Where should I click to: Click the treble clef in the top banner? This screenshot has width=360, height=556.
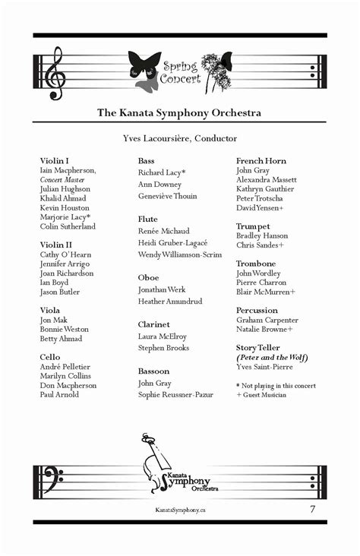[x=55, y=73]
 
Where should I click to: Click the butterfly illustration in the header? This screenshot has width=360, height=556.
[x=144, y=69]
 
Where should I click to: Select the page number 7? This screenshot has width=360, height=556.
[x=312, y=508]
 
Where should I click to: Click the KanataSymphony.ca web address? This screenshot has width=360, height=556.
[x=179, y=510]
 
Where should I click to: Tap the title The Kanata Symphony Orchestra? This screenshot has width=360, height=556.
[x=179, y=113]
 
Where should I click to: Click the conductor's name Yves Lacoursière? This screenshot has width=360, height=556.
[x=179, y=138]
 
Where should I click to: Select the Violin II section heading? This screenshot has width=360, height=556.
[x=56, y=245]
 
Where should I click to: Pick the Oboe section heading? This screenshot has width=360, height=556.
[x=148, y=277]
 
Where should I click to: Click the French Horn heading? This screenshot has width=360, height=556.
[x=261, y=161]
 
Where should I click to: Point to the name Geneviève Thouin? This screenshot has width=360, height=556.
[x=167, y=196]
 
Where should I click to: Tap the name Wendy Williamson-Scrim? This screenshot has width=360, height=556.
[x=180, y=254]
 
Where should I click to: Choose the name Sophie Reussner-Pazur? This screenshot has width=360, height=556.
[x=175, y=395]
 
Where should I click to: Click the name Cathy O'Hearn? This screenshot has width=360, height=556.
[x=65, y=254]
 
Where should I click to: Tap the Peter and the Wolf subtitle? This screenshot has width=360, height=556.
[x=272, y=358]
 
